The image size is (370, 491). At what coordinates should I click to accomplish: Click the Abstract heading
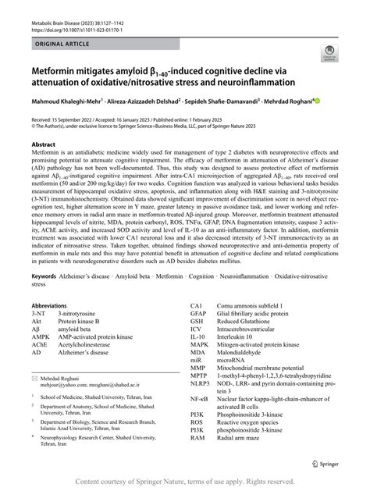[x=43, y=145]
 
